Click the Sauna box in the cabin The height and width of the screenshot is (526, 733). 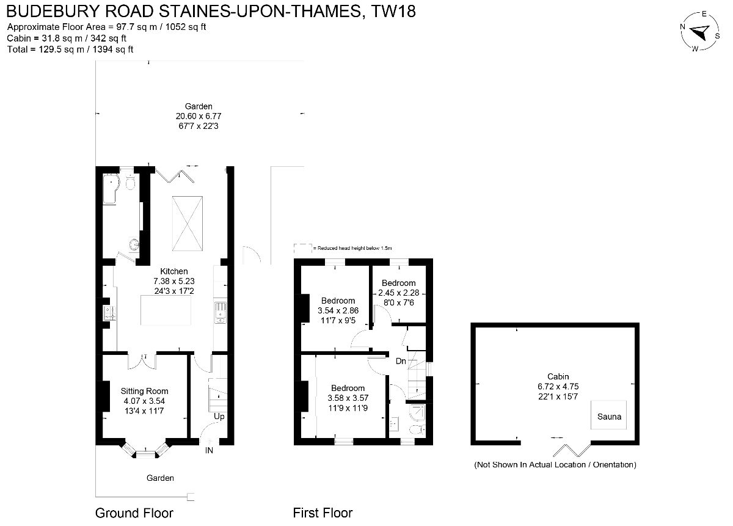[x=608, y=414]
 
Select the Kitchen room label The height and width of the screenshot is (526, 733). [x=173, y=271]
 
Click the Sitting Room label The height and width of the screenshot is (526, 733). [x=144, y=391]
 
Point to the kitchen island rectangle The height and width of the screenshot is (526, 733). [x=166, y=310]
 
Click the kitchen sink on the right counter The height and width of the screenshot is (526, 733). [x=221, y=313]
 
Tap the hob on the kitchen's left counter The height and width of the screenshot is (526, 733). [x=109, y=313]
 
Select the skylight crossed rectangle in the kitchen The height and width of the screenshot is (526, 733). [x=187, y=224]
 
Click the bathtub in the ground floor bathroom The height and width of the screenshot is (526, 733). [x=111, y=189]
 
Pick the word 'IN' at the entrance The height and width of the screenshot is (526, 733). [x=209, y=450]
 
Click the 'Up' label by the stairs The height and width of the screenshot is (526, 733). [x=219, y=417]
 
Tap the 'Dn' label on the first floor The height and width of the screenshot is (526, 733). [x=401, y=361]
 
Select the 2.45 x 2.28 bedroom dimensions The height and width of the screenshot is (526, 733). [x=398, y=293]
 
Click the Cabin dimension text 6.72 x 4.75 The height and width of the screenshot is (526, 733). [x=558, y=386]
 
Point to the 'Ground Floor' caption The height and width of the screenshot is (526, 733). [x=134, y=513]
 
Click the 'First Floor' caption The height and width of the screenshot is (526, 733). [x=323, y=513]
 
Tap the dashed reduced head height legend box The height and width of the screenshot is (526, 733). [x=303, y=249]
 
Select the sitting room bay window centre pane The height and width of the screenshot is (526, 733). [x=145, y=454]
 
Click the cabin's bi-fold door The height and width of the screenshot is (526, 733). [x=572, y=450]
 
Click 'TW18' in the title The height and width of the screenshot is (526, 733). [x=393, y=11]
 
